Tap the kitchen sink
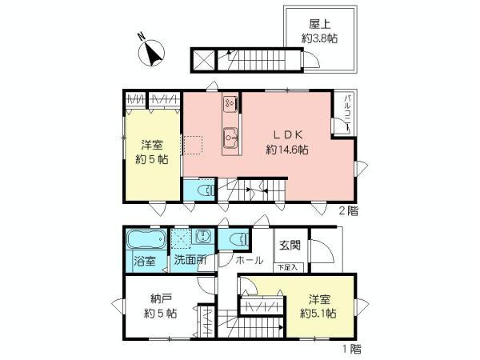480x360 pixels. click(x=230, y=136)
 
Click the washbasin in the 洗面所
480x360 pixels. click(x=203, y=238)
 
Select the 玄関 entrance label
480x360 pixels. click(x=289, y=246)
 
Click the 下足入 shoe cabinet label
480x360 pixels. click(x=289, y=267)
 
